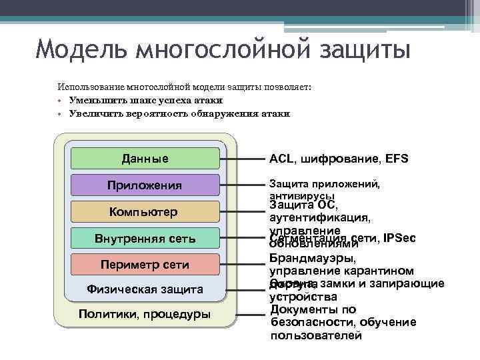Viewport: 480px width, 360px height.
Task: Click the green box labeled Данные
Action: [x=145, y=159]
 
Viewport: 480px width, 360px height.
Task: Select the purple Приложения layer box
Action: [x=145, y=185]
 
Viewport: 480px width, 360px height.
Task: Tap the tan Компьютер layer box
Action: [x=145, y=211]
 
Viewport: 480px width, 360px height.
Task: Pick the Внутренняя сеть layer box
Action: [x=145, y=237]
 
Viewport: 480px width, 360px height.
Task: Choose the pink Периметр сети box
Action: [x=145, y=264]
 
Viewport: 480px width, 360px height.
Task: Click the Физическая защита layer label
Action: [x=145, y=289]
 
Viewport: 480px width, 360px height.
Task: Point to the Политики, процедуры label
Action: [x=145, y=314]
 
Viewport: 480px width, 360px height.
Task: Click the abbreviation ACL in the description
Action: [x=281, y=159]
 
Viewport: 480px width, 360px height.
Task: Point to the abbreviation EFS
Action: [x=396, y=159]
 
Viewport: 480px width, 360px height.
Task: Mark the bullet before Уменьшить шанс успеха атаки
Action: [x=59, y=101]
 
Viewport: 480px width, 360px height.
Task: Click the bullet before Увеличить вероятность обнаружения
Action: [x=59, y=114]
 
